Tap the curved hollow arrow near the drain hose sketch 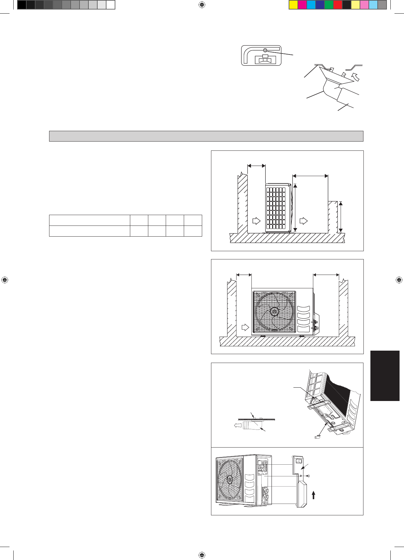pyautogui.click(x=356, y=76)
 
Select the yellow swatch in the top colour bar pyautogui.click(x=293, y=5)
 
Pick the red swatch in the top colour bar pyautogui.click(x=338, y=5)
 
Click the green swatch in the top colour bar pyautogui.click(x=329, y=5)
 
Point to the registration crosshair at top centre pyautogui.click(x=202, y=5)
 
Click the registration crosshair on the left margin pyautogui.click(x=5, y=280)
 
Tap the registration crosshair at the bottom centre pyautogui.click(x=202, y=555)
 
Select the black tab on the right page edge pyautogui.click(x=385, y=376)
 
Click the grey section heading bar pyautogui.click(x=206, y=136)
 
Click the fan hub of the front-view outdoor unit pyautogui.click(x=274, y=312)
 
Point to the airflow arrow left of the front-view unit pyautogui.click(x=245, y=327)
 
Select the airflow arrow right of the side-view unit pyautogui.click(x=303, y=221)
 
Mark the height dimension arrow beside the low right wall pyautogui.click(x=341, y=217)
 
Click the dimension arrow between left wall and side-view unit pyautogui.click(x=256, y=166)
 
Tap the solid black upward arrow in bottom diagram pyautogui.click(x=313, y=495)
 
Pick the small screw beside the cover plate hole pyautogui.click(x=308, y=476)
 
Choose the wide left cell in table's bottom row pyautogui.click(x=89, y=231)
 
